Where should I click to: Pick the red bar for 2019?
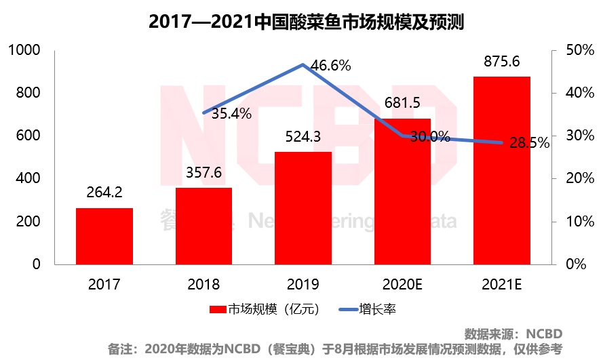coord(303,207)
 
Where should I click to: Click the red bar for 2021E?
coord(501,170)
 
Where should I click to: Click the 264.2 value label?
coord(104,193)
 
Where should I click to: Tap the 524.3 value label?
coord(303,137)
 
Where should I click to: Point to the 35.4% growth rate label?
coord(231,114)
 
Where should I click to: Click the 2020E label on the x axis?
coord(402,283)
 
